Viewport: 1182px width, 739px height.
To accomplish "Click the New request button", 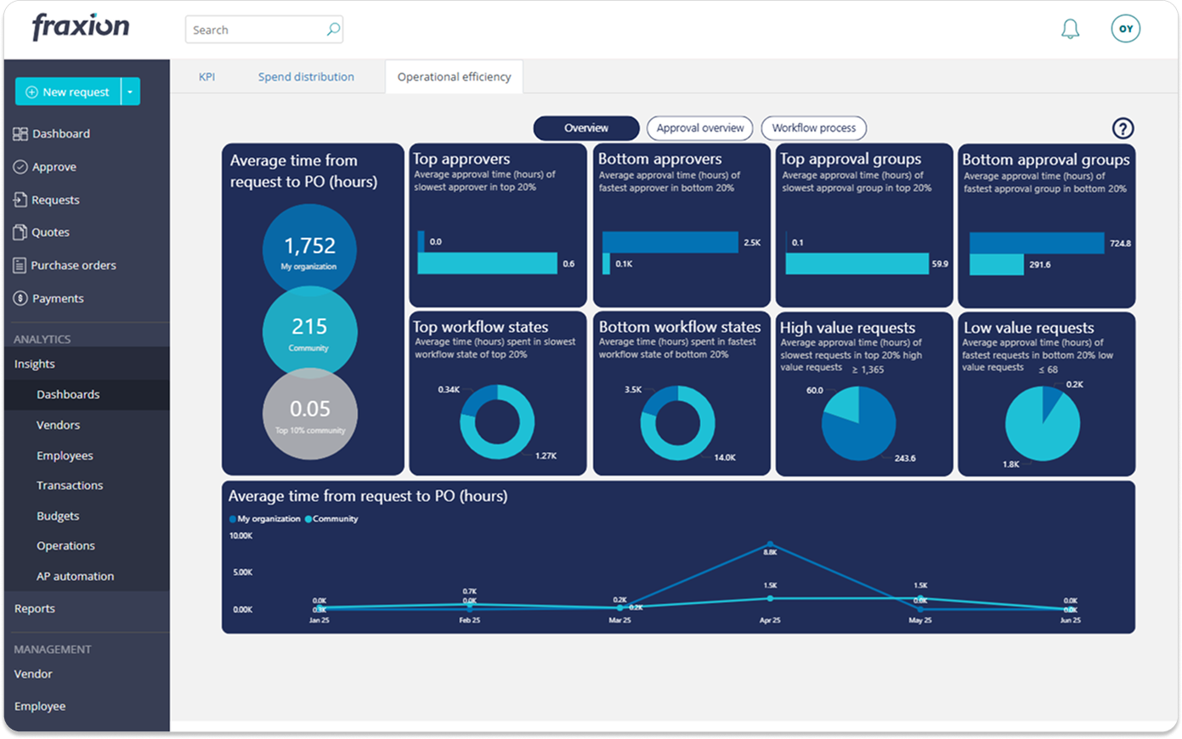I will (x=68, y=92).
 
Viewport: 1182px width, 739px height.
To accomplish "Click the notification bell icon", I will (x=1070, y=30).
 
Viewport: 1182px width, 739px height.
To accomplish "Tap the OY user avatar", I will (x=1125, y=29).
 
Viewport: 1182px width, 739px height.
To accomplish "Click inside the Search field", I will (x=255, y=30).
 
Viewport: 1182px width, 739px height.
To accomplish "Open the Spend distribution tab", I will (x=306, y=76).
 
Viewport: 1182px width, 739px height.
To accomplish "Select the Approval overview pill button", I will (x=699, y=128).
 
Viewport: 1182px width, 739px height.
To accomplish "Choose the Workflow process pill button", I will (x=813, y=128).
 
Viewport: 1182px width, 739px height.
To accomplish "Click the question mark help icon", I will (x=1123, y=128).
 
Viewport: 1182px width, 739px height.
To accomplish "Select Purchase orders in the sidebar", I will (x=73, y=265).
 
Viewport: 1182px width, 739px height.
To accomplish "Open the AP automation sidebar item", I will (x=75, y=576).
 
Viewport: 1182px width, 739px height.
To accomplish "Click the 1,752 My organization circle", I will (x=309, y=250).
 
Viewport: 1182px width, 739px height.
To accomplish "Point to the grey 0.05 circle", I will (x=309, y=414).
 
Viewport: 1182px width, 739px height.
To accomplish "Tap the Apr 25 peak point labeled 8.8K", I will (x=770, y=544).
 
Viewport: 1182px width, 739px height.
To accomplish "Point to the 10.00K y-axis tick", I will (x=240, y=536).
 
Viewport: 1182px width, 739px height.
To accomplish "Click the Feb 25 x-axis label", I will (x=469, y=621).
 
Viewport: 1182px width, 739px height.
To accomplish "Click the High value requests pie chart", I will (x=858, y=423).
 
